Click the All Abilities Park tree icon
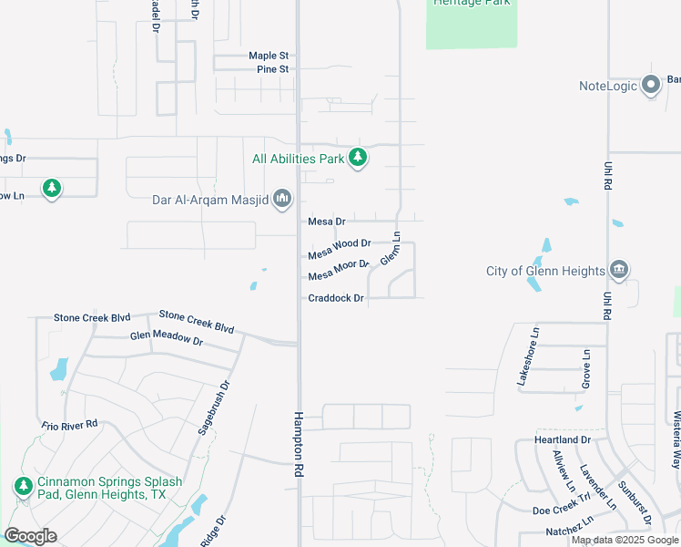point(359,158)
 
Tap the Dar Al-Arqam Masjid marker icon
point(282,198)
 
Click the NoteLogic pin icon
point(650,86)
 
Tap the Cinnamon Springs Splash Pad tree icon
point(23,487)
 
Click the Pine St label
point(273,69)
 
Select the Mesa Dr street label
point(327,222)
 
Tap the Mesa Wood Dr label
point(340,244)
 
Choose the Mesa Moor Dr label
point(339,271)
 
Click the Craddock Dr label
point(336,298)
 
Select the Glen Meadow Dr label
point(166,337)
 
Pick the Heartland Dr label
point(563,440)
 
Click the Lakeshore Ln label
point(529,357)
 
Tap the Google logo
point(30,536)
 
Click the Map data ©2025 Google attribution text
point(624,540)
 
